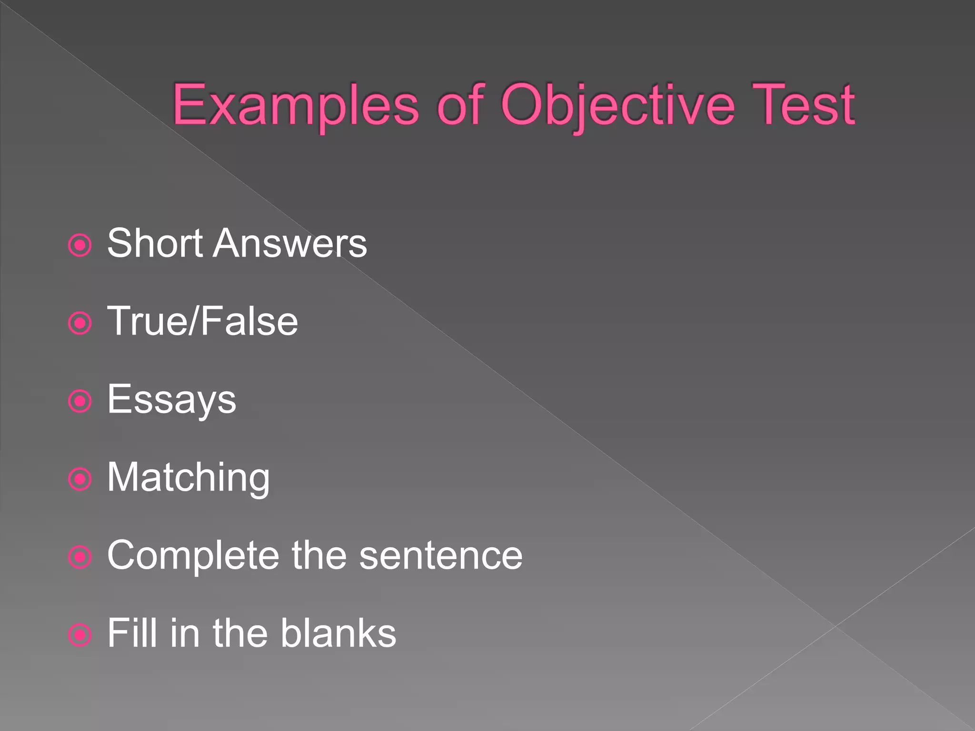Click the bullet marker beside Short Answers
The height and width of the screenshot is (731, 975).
(x=80, y=246)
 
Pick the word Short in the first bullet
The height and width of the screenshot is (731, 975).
(x=155, y=243)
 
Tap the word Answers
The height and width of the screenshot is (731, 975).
(x=290, y=243)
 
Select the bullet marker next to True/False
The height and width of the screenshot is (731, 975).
(x=80, y=324)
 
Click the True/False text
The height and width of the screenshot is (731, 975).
(x=203, y=321)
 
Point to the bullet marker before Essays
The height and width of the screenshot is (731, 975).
(x=80, y=401)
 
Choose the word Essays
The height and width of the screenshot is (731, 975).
(x=171, y=400)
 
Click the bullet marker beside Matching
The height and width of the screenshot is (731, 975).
(x=80, y=479)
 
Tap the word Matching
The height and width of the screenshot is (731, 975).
(x=189, y=477)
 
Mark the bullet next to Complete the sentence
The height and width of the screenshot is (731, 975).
(x=80, y=557)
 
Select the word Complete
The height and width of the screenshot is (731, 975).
(x=193, y=555)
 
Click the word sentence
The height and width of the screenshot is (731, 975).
(x=441, y=555)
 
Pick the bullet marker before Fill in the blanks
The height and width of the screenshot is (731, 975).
(x=80, y=635)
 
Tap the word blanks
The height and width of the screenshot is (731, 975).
(x=338, y=633)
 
